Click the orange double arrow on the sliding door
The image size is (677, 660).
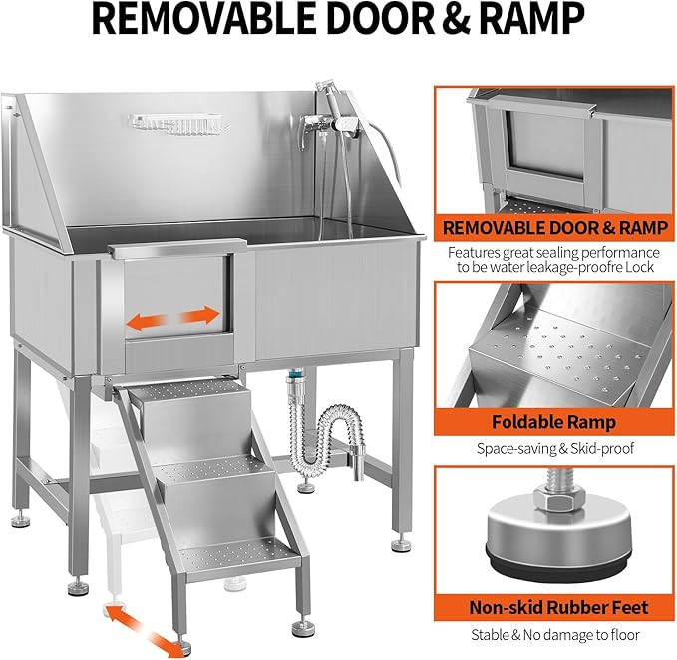[172, 319]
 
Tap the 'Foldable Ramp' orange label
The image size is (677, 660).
[553, 422]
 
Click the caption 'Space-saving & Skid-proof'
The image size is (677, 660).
[553, 449]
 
